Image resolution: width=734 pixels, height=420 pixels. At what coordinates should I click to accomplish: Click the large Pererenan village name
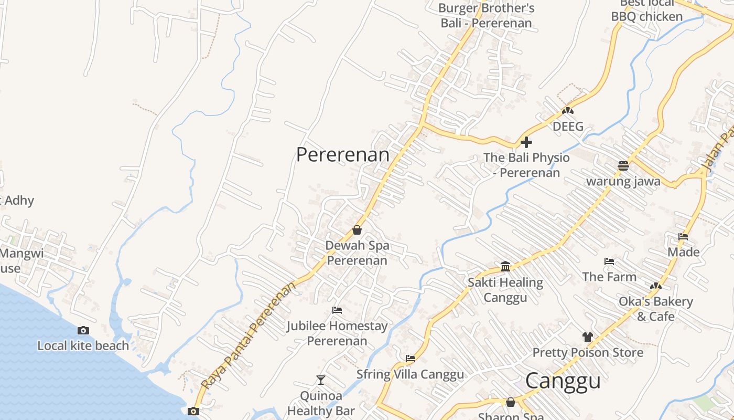point(343,155)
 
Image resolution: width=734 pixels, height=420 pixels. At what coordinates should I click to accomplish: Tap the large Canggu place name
point(563,381)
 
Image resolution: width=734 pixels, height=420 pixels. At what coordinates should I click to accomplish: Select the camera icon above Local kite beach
point(83,330)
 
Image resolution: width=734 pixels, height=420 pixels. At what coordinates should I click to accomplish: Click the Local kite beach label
point(83,345)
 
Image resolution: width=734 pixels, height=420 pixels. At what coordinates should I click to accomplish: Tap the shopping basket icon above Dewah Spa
point(357,230)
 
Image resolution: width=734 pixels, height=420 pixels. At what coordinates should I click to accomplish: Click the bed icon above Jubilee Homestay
point(337,310)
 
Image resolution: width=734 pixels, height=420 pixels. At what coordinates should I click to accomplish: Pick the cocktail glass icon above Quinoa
point(321,380)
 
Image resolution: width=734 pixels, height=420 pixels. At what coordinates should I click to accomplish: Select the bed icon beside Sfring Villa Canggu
point(411,359)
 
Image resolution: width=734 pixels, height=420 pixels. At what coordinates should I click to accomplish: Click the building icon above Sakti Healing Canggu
point(505,266)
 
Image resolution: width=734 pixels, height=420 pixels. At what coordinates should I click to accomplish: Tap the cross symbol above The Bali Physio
point(526,142)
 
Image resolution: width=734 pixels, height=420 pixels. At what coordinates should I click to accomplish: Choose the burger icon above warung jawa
point(623,166)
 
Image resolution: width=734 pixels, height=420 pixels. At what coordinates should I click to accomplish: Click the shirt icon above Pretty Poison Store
point(587,337)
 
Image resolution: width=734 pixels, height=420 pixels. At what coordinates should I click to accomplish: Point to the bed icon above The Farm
point(609,261)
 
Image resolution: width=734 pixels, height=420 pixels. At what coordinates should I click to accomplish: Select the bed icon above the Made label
point(683,236)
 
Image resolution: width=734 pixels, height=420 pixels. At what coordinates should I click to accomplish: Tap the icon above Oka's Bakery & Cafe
point(655,286)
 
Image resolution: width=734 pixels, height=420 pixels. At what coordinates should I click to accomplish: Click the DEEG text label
point(568,127)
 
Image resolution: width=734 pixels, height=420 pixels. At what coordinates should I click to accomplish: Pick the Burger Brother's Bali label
point(486,15)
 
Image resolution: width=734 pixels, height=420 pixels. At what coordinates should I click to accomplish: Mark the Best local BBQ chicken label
point(647,10)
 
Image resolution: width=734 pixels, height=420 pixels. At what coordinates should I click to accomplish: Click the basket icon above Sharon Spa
point(511,402)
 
